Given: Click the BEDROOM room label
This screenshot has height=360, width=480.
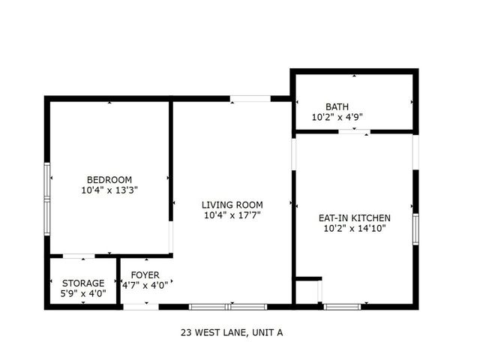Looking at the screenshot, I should (109, 180).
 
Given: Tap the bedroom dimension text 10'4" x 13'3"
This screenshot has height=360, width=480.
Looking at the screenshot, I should (109, 190).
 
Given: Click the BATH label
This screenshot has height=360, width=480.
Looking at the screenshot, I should (337, 106).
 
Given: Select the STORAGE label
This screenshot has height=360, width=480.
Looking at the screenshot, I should (82, 283).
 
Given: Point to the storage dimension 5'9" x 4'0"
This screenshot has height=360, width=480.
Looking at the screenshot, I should (82, 293).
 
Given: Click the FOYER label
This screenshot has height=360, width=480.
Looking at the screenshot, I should (145, 274).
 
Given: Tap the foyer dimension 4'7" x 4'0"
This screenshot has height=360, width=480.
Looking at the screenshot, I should (145, 284).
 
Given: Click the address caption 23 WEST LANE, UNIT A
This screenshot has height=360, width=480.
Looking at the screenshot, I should (231, 331).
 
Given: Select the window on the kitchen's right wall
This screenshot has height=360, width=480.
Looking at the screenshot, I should (415, 229).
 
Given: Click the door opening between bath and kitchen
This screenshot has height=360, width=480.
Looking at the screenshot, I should (353, 132).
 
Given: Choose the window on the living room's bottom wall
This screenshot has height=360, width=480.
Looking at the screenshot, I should (227, 306).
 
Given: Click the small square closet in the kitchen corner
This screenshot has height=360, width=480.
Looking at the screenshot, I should (307, 291).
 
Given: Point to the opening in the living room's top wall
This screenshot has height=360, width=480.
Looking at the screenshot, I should (250, 97).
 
